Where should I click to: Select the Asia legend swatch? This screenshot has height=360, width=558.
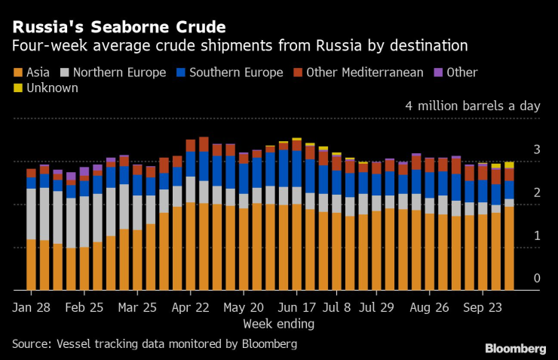[x=17, y=73]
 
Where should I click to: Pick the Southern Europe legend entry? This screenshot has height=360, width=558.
[x=229, y=72]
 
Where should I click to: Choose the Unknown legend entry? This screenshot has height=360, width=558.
[x=51, y=88]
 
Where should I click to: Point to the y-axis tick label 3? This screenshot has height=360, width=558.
[x=537, y=150]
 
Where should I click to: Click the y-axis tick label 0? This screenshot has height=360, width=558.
[x=537, y=278]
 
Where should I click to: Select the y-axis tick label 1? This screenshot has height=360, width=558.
[x=537, y=235]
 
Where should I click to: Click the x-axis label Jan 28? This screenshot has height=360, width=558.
[x=31, y=308]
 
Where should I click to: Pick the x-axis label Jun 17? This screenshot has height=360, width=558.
[x=297, y=308]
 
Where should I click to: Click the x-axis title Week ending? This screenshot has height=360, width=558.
[x=278, y=324]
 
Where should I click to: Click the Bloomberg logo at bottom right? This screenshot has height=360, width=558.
[x=515, y=348]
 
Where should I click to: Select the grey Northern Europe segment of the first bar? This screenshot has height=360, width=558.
[x=31, y=214]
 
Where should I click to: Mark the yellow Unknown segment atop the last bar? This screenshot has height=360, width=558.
[x=509, y=165]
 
